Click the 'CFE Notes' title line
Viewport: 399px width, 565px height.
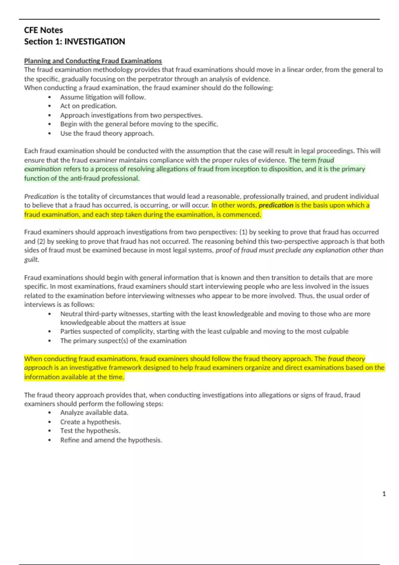44,30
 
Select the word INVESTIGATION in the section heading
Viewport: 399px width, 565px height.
94,42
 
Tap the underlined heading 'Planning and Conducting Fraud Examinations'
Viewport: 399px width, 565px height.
93,61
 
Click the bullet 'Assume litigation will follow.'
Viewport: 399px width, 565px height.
103,97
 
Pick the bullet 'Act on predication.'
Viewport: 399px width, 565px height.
88,106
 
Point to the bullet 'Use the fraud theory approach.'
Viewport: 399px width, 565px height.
107,133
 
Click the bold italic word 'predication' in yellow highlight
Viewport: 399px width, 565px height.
276,205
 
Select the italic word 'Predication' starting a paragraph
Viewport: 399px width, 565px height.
41,196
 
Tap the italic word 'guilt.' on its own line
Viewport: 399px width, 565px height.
32,259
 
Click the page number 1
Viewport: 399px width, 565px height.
384,494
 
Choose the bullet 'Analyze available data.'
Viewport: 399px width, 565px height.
94,412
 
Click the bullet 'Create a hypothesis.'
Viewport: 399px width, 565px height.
90,422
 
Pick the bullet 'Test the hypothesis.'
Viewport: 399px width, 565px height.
90,431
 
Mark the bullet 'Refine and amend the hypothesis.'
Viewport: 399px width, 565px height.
111,440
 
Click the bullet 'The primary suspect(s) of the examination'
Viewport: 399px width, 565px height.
123,341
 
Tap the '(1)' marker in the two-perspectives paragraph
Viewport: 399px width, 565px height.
243,232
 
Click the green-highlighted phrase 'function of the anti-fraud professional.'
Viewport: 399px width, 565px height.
82,178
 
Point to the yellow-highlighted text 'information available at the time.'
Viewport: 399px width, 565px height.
74,377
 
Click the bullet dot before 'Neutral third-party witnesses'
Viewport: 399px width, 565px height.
50,314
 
